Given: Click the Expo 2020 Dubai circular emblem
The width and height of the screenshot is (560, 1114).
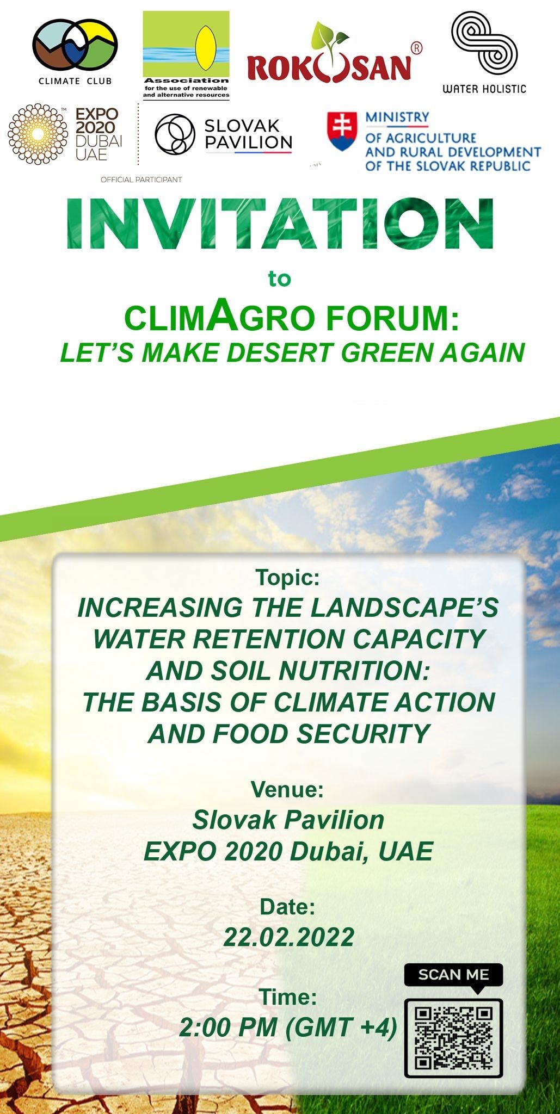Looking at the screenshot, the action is [38, 134].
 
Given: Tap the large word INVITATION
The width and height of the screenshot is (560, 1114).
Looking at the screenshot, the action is [280, 224].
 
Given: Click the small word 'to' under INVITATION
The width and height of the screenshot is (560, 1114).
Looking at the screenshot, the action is [280, 279].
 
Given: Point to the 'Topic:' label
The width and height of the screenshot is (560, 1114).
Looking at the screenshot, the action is [288, 577].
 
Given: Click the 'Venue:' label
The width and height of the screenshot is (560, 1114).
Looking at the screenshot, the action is [287, 789].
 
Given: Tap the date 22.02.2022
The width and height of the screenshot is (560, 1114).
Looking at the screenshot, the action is [289, 937].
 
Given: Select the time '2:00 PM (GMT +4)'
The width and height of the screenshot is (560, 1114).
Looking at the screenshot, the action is [288, 1028].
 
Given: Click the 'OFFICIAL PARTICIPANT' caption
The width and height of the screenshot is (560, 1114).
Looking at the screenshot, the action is [141, 180].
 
